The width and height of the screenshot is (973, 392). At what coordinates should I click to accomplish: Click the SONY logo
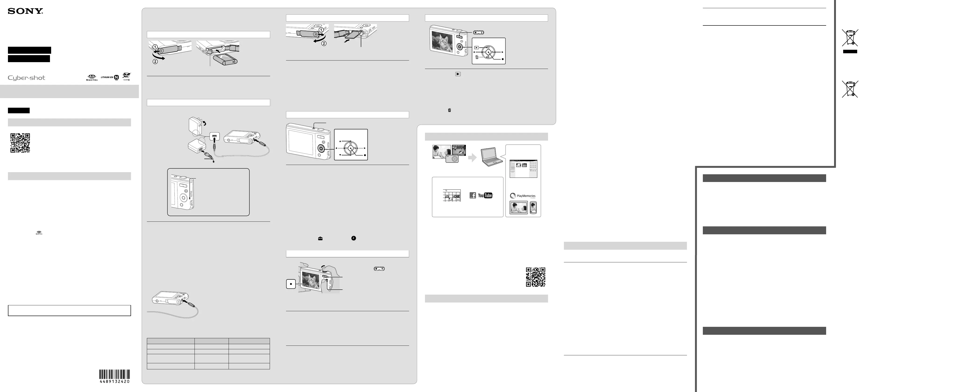25,11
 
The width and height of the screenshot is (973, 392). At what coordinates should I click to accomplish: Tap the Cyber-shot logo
26,78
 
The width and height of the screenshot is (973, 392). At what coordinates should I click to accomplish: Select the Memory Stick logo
92,78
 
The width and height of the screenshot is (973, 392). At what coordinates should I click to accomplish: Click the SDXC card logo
127,77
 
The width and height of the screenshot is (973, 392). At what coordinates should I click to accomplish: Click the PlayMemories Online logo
523,196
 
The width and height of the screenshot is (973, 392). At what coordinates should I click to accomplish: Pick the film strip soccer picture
459,150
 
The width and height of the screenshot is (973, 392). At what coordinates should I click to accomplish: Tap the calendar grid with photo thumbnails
452,196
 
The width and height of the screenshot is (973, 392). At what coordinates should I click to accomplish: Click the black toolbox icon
320,239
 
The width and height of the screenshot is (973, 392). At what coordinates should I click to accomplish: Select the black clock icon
354,238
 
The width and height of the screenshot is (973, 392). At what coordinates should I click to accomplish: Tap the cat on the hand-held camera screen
312,281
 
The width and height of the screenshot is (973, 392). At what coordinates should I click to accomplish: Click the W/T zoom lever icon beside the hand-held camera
379,269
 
